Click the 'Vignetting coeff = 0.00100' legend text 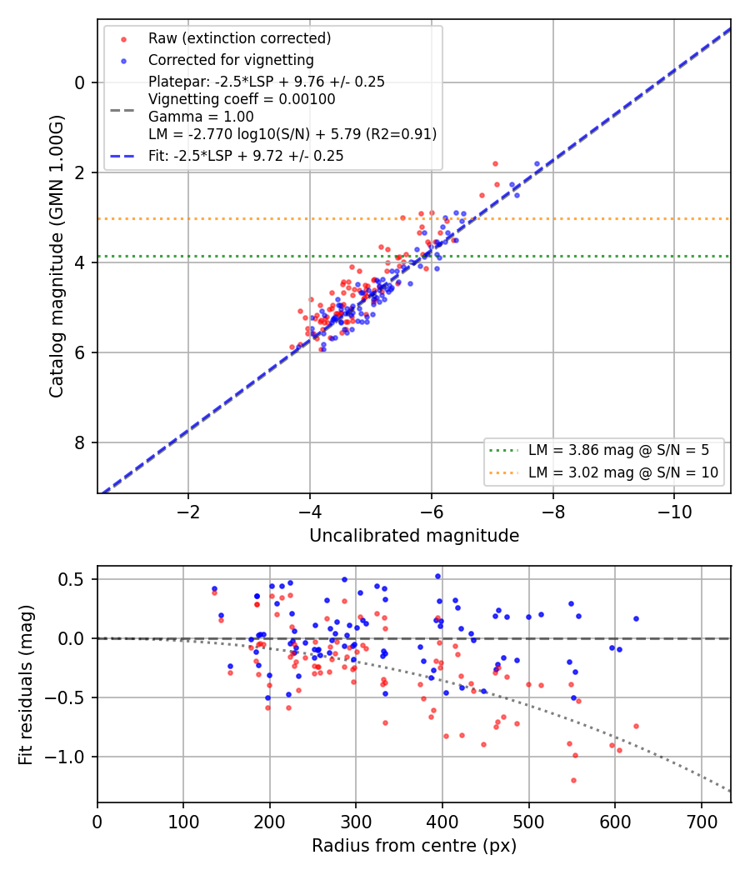pyautogui.click(x=242, y=99)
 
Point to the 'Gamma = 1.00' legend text pyautogui.click(x=201, y=117)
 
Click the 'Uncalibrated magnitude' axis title pyautogui.click(x=414, y=536)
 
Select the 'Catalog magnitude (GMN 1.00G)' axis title pyautogui.click(x=56, y=257)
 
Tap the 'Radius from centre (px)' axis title pyautogui.click(x=414, y=846)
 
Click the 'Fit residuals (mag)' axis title pyautogui.click(x=25, y=685)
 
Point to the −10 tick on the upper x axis pyautogui.click(x=674, y=512)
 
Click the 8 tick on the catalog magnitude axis pyautogui.click(x=80, y=442)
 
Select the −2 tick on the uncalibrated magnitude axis pyautogui.click(x=188, y=512)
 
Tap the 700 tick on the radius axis pyautogui.click(x=701, y=822)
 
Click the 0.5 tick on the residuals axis pyautogui.click(x=71, y=579)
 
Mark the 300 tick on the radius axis pyautogui.click(x=356, y=822)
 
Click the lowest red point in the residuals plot pyautogui.click(x=573, y=780)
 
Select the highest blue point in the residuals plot pyautogui.click(x=438, y=577)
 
